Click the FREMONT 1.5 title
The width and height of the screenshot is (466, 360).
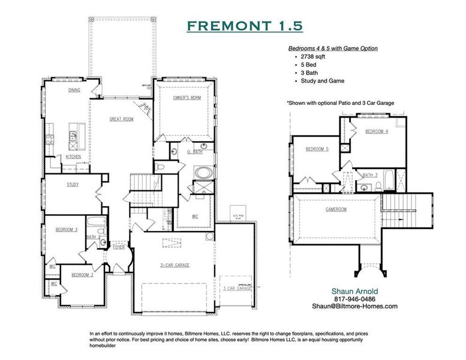pyautogui.click(x=244, y=26)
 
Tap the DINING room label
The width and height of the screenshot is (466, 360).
pyautogui.click(x=74, y=91)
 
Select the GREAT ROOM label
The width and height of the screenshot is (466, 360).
pyautogui.click(x=121, y=119)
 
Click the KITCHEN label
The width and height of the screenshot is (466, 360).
pyautogui.click(x=73, y=157)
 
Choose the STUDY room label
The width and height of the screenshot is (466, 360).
pyautogui.click(x=73, y=185)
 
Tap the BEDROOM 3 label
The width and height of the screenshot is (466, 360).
pyautogui.click(x=67, y=230)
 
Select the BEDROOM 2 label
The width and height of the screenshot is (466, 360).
pyautogui.click(x=82, y=275)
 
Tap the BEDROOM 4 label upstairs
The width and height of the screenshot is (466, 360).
pyautogui.click(x=377, y=131)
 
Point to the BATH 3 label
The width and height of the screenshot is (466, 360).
pyautogui.click(x=370, y=175)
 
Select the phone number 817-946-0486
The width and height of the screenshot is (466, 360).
pyautogui.click(x=354, y=299)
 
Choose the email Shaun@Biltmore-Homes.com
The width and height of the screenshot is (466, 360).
pyautogui.click(x=354, y=306)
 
